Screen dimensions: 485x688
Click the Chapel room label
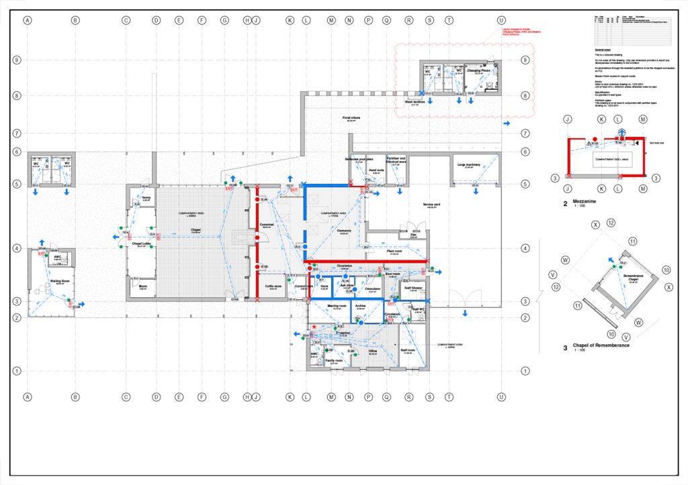coord(196,229)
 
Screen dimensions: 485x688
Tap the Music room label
coord(142,286)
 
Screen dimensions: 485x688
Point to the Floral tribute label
coord(351,117)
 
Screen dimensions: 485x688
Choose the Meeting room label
coord(337,306)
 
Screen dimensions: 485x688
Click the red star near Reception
coord(314,327)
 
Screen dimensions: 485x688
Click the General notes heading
coord(604,50)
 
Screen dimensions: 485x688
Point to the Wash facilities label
coord(415,102)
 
